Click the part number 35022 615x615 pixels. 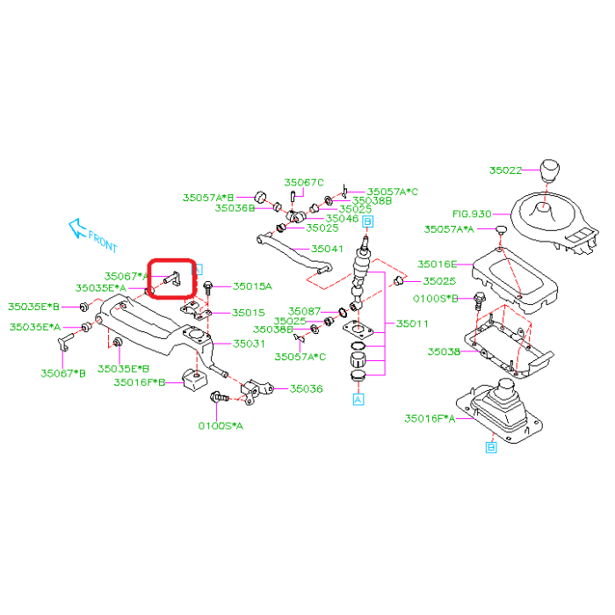tap(505, 170)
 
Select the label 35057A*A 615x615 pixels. tap(449, 229)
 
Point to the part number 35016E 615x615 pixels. tap(437, 264)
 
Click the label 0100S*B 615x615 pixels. tap(436, 299)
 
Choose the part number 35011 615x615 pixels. tap(412, 324)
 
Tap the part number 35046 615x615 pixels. tap(342, 219)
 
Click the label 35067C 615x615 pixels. tap(304, 183)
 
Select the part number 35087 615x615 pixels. tap(304, 311)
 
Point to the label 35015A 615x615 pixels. tap(252, 286)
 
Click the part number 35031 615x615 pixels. tap(248, 344)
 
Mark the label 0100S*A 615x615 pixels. tap(221, 425)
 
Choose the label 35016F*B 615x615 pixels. tap(140, 382)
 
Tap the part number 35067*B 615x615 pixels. tap(63, 373)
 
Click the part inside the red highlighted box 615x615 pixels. tap(170, 280)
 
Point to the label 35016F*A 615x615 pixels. tap(430, 419)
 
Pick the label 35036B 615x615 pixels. tap(235, 208)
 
